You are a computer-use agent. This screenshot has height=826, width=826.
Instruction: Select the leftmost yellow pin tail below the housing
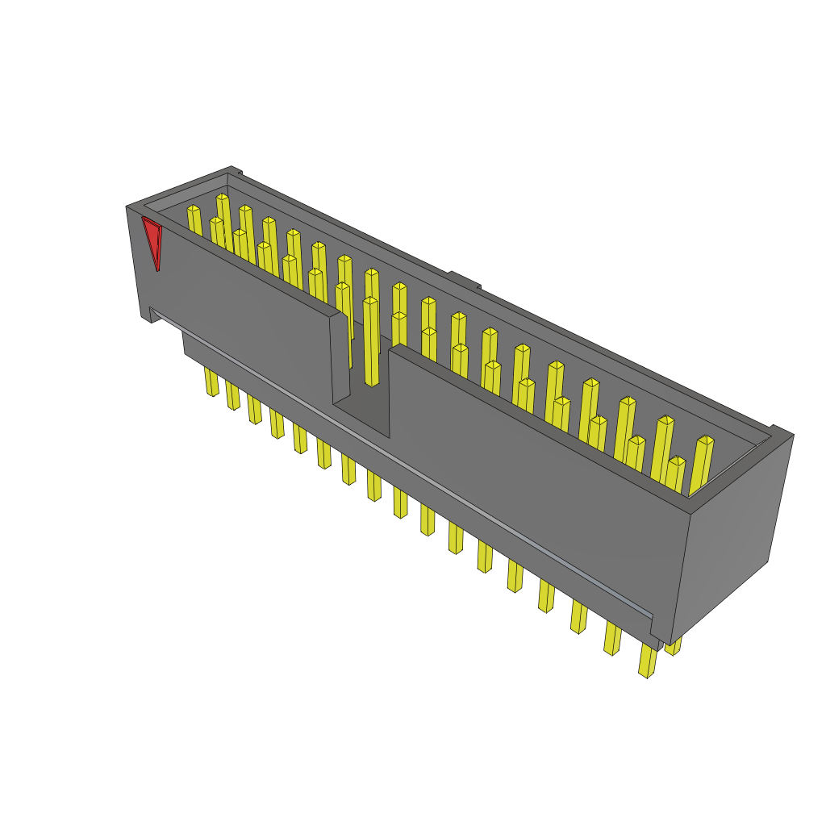point(211,382)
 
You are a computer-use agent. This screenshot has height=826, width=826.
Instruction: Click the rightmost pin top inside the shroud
point(705,441)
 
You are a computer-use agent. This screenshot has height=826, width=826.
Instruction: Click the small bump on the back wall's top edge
point(464,279)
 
